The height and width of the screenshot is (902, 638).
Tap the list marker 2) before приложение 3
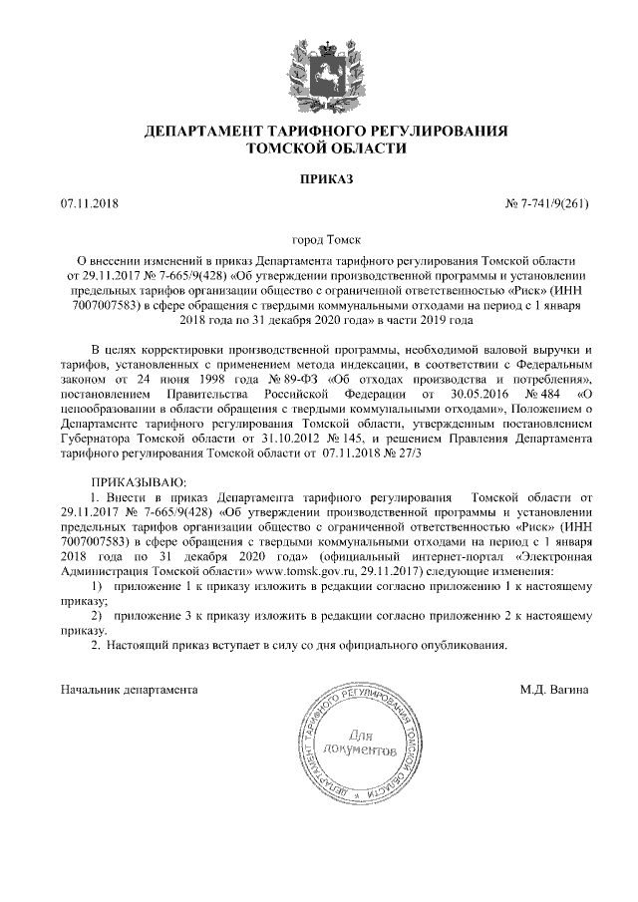point(98,619)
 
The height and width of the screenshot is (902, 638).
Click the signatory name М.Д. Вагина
point(554,689)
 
